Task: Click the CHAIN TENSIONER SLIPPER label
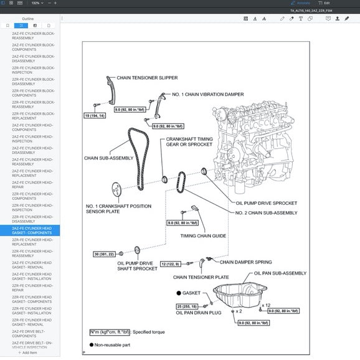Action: (x=143, y=78)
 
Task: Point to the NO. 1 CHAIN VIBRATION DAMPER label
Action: (x=199, y=94)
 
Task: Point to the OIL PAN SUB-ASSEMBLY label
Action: (x=280, y=273)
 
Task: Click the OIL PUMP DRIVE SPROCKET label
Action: (x=266, y=202)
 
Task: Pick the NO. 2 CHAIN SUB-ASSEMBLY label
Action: (x=266, y=212)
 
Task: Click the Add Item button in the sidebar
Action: (x=29, y=353)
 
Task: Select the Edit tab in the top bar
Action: (x=324, y=3)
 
